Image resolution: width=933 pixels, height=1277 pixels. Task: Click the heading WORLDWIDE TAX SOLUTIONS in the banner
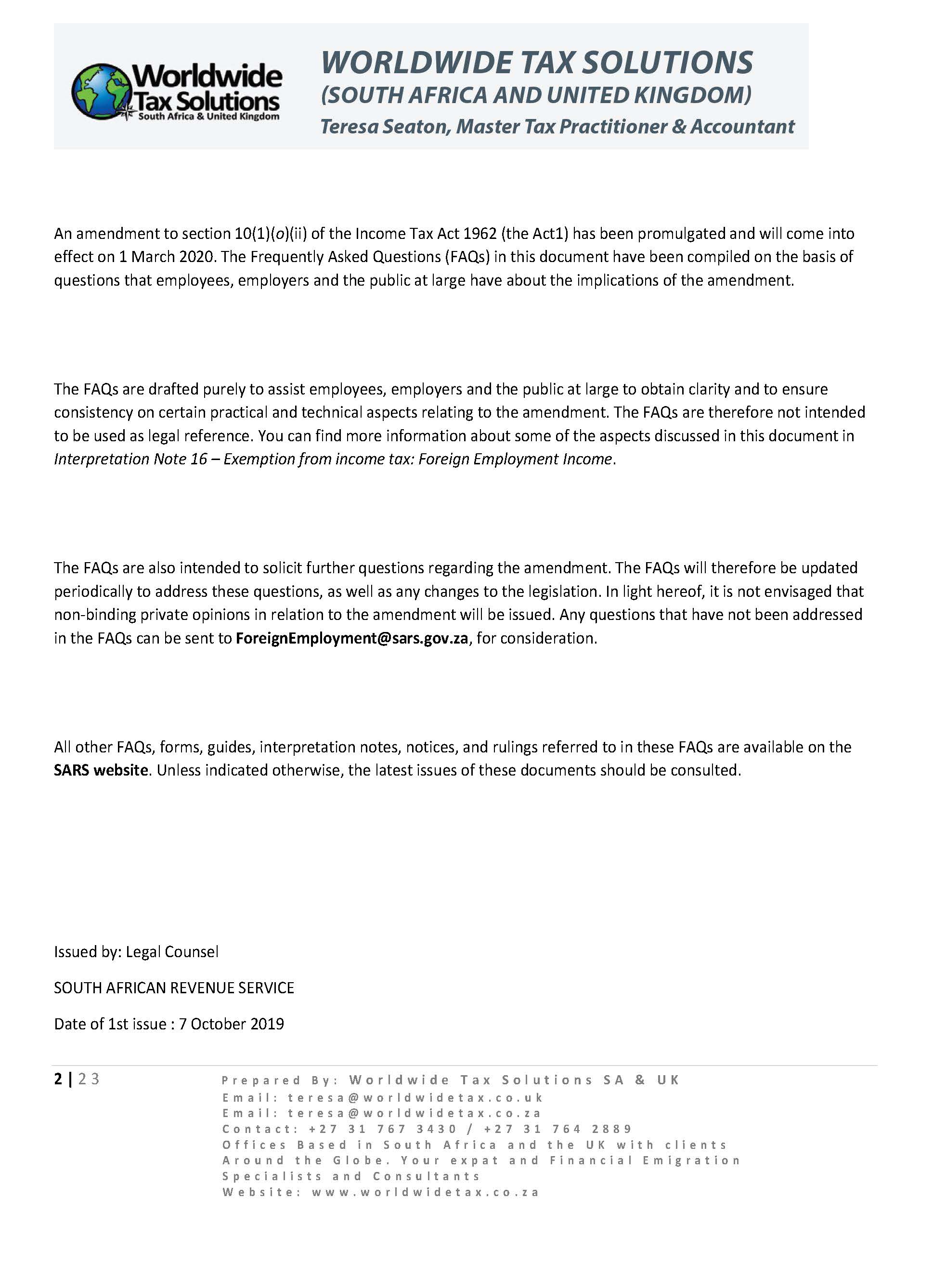536,62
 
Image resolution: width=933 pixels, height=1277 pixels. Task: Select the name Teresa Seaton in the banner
385,127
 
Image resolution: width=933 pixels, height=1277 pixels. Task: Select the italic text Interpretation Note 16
130,459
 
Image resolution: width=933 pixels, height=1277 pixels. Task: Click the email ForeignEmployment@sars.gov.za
352,639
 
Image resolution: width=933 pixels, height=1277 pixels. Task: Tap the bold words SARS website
101,770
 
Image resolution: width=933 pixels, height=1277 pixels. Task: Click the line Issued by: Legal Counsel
136,952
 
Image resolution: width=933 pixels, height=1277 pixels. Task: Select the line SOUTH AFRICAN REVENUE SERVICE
174,987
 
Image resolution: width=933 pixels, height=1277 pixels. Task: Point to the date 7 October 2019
232,1024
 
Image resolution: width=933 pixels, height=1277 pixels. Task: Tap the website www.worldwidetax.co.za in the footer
425,1192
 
